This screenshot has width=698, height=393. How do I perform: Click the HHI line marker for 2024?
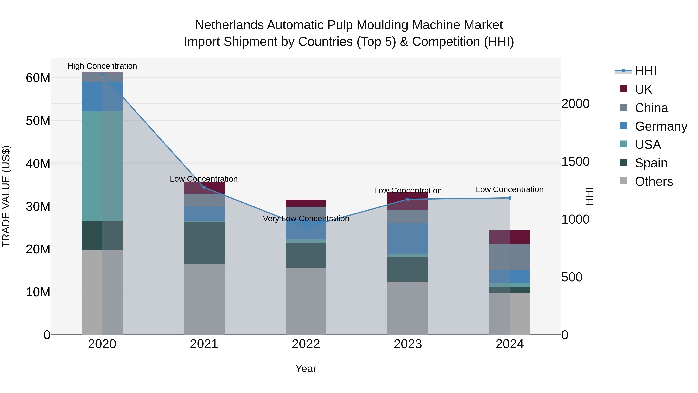(x=509, y=198)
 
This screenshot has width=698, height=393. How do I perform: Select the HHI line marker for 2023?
(x=408, y=199)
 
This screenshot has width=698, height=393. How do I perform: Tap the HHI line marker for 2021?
(x=204, y=187)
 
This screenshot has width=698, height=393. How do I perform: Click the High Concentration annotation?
(x=102, y=66)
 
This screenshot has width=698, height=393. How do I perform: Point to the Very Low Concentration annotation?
(x=306, y=219)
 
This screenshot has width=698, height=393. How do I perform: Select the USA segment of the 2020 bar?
(x=102, y=166)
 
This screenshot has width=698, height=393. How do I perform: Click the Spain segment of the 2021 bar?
(x=204, y=243)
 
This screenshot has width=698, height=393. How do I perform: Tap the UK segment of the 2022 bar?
(x=306, y=203)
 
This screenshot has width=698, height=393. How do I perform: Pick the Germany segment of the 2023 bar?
(x=408, y=239)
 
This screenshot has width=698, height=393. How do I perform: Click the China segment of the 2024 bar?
(x=509, y=257)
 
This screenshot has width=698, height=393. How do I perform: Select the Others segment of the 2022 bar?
(x=306, y=301)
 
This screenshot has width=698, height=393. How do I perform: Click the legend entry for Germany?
(x=661, y=126)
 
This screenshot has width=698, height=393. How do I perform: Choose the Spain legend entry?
(x=651, y=163)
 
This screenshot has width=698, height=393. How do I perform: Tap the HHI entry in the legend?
(x=645, y=71)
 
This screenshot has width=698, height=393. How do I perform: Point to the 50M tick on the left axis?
(x=38, y=121)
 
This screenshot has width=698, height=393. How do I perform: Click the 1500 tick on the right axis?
(x=575, y=162)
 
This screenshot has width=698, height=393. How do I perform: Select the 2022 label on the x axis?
(x=306, y=344)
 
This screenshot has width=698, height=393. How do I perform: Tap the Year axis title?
(x=306, y=369)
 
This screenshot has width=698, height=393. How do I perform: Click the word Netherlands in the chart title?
(x=229, y=25)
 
